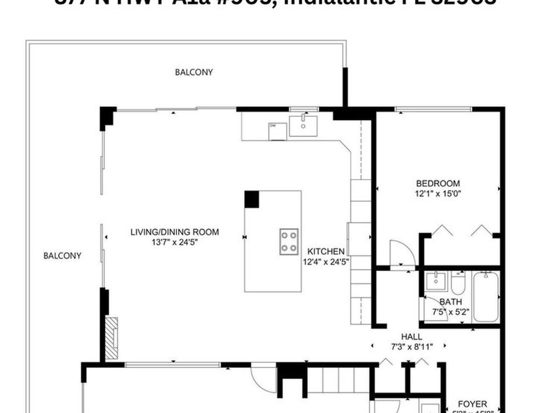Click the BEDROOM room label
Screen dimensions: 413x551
(437, 183)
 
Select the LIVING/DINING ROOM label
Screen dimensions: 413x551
(175, 232)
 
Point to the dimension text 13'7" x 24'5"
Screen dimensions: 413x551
(175, 242)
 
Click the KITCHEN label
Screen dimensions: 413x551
(326, 251)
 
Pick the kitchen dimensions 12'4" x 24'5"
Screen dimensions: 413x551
(327, 262)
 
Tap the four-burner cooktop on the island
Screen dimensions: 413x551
(289, 241)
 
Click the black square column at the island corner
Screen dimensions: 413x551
(251, 199)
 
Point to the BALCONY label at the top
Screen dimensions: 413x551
(194, 72)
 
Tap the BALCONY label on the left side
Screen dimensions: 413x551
(62, 256)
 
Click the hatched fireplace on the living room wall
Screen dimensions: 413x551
(111, 338)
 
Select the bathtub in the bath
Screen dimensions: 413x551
(486, 297)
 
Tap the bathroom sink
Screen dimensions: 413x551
(435, 280)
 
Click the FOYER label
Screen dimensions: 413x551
(472, 404)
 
